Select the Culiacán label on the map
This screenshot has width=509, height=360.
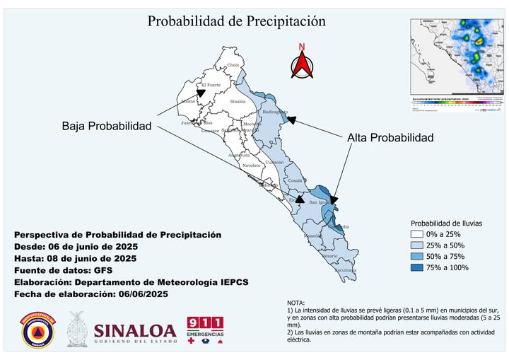[274, 162]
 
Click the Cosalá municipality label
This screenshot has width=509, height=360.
[296, 180]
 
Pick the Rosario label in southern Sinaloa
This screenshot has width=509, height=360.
[329, 256]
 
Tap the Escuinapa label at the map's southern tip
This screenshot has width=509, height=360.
[345, 270]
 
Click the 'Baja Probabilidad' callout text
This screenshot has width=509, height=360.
[107, 126]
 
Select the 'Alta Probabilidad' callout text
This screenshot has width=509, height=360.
[390, 137]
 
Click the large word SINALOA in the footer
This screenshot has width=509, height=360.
[134, 331]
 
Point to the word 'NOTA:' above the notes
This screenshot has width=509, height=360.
[298, 303]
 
